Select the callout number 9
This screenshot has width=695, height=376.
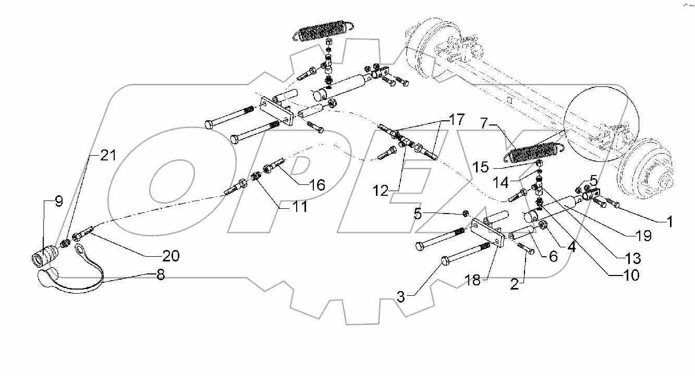pos(58,201)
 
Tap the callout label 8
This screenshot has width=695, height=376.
pos(161,274)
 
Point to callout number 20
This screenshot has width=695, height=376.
pos(170,256)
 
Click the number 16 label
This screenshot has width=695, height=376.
pos(316,184)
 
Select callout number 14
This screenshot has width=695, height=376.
pos(501,183)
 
